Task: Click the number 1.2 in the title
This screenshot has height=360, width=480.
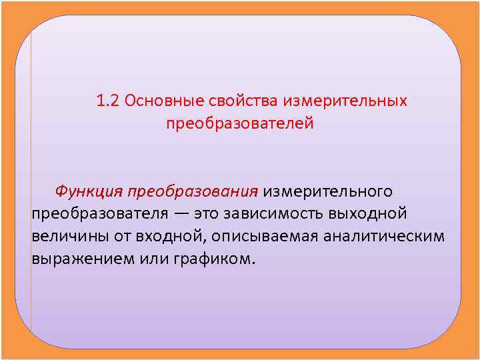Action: (x=108, y=101)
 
